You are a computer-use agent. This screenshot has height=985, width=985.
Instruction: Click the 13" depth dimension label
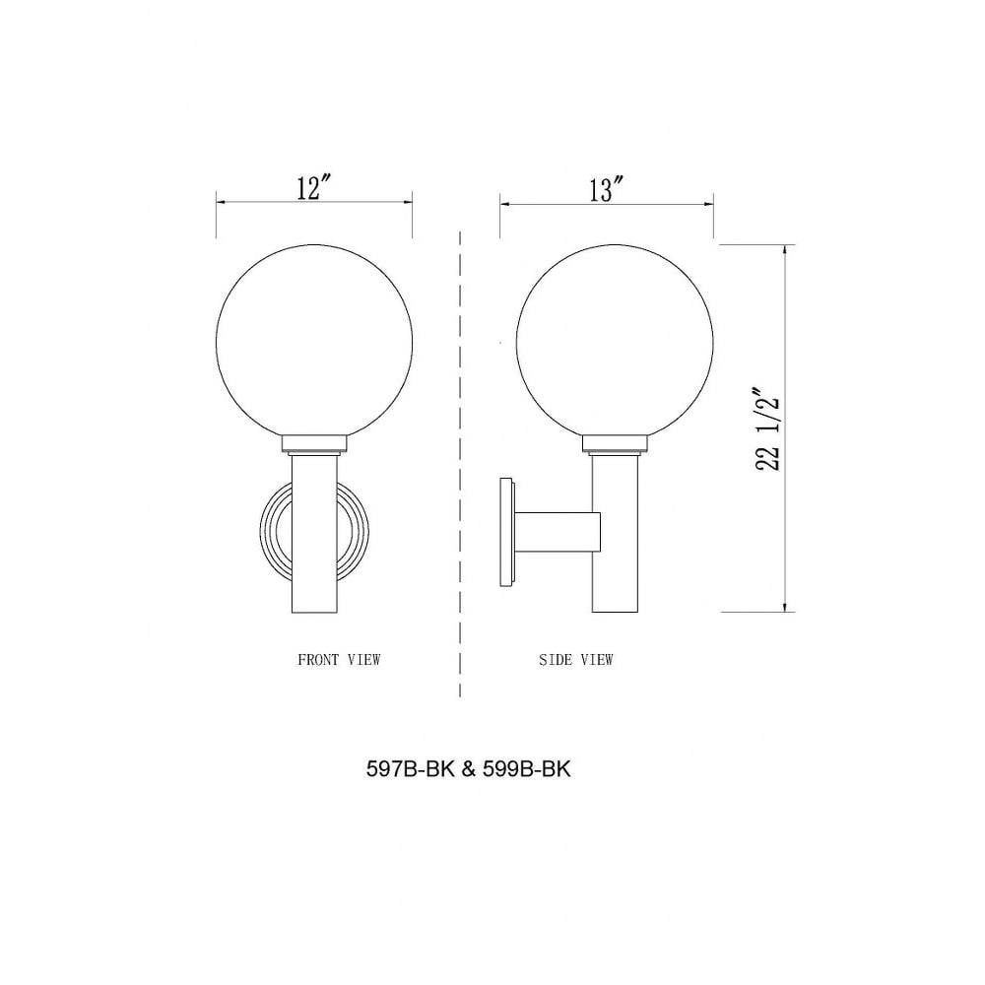(x=606, y=189)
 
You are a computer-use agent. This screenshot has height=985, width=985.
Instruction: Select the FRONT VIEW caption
(x=339, y=660)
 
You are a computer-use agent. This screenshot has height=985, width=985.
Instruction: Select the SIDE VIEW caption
(x=575, y=660)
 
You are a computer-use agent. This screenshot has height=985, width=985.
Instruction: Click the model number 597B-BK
(x=410, y=769)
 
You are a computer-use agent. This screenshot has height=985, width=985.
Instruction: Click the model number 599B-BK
(x=527, y=769)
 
